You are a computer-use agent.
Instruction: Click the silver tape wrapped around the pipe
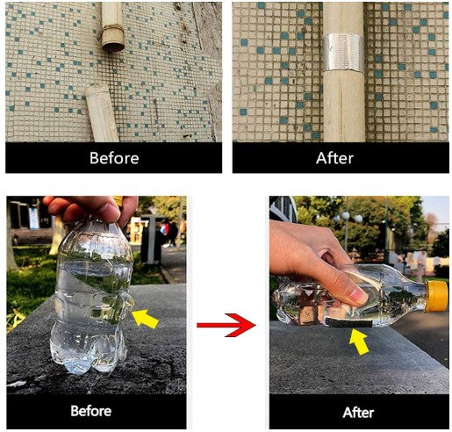[343, 53]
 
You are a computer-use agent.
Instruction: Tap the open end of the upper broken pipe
[113, 47]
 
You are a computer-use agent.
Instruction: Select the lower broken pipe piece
[102, 113]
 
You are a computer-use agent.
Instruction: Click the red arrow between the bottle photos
[226, 325]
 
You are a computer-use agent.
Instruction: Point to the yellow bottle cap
[436, 296]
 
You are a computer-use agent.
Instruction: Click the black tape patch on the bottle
[348, 323]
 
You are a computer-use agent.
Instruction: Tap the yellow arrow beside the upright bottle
[145, 319]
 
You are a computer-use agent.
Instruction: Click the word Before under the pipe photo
[114, 158]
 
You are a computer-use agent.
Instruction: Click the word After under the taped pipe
[334, 158]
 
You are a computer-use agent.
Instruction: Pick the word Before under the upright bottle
[91, 411]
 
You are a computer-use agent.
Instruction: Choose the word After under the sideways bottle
[358, 413]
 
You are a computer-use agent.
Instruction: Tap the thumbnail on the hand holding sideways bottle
[358, 296]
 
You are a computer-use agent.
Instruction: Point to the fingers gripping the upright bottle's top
[90, 208]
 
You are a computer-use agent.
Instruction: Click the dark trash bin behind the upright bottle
[151, 240]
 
